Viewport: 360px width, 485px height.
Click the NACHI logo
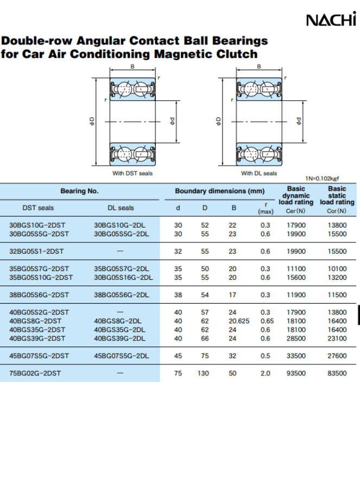(331, 19)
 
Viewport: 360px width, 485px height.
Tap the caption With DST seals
(132, 173)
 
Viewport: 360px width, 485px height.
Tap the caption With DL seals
(259, 173)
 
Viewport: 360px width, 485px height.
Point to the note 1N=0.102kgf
(322, 179)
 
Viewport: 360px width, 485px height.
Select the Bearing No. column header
(79, 191)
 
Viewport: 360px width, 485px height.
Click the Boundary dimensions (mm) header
(219, 191)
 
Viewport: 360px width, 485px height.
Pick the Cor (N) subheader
(337, 211)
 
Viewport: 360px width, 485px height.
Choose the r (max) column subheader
(266, 208)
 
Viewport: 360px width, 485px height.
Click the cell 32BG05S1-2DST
(36, 251)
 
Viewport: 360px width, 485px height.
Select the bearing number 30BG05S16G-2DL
(123, 278)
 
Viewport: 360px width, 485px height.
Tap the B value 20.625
(239, 321)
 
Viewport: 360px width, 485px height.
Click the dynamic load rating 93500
(296, 373)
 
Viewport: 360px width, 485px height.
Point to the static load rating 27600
(337, 356)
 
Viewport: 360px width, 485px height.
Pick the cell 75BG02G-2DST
(35, 373)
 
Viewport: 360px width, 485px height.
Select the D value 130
(203, 373)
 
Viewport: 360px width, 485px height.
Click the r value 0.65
(267, 321)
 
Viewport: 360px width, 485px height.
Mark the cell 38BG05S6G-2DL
(121, 295)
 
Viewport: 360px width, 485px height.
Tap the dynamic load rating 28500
(296, 338)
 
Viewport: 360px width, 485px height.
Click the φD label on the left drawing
(92, 121)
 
